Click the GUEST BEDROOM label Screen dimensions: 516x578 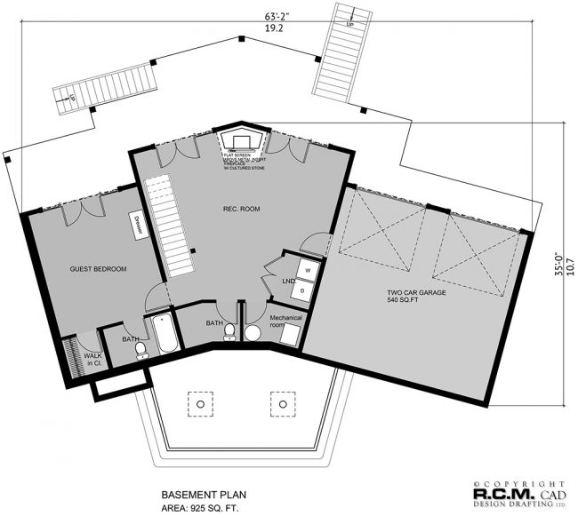coord(99,269)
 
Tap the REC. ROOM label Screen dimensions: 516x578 coord(240,210)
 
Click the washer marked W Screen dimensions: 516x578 coord(307,267)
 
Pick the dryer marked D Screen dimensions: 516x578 coord(302,288)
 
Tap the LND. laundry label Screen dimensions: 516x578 coord(289,282)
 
